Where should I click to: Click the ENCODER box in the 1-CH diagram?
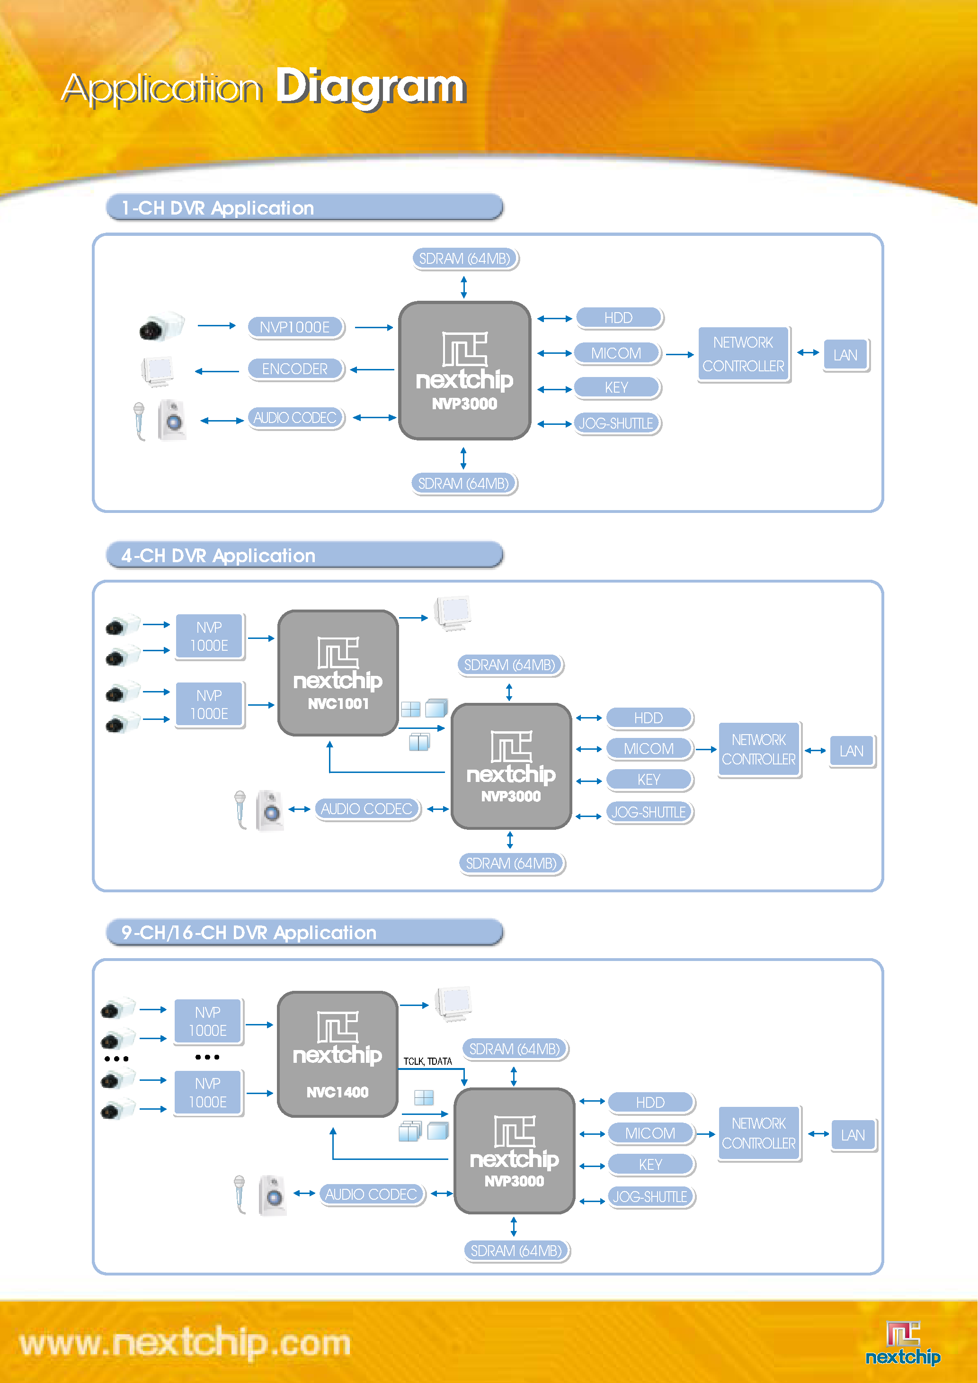point(295,368)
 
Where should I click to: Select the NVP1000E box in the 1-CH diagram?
point(295,327)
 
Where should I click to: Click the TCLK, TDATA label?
point(427,1061)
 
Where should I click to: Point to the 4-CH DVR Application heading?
point(219,556)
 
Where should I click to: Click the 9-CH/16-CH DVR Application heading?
point(249,933)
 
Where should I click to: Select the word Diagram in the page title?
point(371,87)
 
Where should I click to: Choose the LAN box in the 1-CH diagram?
point(845,355)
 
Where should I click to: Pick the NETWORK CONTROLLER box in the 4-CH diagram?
point(759,749)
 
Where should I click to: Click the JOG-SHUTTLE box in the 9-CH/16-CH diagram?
point(650,1196)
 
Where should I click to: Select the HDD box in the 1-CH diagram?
point(619,317)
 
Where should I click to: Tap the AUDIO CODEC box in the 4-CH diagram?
point(367,809)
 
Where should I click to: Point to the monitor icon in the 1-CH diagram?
point(158,371)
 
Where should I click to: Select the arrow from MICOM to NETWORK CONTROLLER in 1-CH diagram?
point(680,355)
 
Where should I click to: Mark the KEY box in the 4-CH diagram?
point(649,780)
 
